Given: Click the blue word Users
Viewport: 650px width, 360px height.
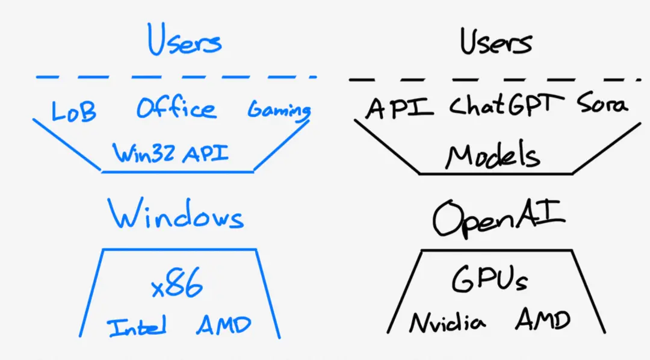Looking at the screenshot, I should [x=185, y=41].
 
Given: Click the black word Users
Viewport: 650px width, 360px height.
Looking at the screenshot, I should [x=496, y=42].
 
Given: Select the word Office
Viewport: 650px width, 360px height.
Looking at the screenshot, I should [x=175, y=109].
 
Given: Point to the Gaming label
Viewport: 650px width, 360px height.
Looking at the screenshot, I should [x=279, y=110].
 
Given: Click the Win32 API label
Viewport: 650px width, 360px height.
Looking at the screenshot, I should [x=172, y=153].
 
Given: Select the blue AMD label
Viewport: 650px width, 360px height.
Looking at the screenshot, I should [x=223, y=326].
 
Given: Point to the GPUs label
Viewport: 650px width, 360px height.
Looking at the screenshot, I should [x=489, y=281].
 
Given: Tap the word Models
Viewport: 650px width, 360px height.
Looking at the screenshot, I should [x=492, y=157].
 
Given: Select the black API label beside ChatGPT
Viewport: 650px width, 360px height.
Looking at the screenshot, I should [x=400, y=108].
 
